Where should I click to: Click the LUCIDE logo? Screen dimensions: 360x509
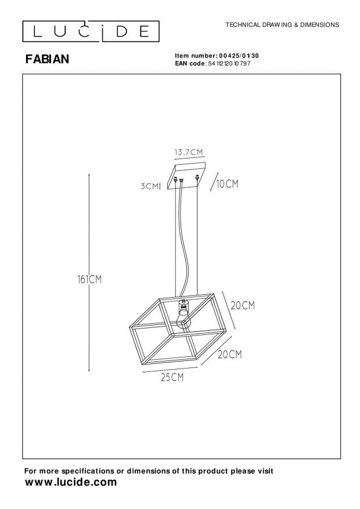pos(91,31)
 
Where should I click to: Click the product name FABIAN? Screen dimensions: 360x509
pos(48,59)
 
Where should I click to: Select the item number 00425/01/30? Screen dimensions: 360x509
pos(239,56)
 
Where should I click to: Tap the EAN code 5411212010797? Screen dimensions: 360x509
pos(229,64)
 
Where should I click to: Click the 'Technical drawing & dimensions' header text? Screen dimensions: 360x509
pos(282,25)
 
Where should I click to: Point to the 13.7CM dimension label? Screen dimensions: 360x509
pos(189,152)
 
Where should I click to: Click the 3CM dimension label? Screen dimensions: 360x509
pos(150,186)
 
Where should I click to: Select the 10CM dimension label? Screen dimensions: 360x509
pos(227,184)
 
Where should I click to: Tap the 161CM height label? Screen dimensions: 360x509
pos(89,279)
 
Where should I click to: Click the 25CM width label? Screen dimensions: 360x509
pos(172,377)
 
